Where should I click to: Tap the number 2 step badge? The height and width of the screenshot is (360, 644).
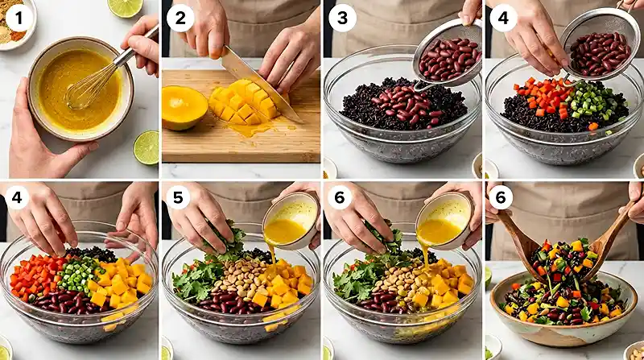coord(180,19)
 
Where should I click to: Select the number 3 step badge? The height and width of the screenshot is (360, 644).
coord(342,19)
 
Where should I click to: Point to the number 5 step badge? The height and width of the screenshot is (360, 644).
coord(178,197)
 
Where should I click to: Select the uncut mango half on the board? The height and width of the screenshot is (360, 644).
coord(184,107)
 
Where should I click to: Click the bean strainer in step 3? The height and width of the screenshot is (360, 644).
coord(448,56)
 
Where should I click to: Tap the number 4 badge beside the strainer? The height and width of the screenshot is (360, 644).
coord(503,19)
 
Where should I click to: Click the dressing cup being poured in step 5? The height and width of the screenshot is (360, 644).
coord(291,221)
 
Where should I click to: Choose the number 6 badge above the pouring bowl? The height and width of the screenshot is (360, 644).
coord(340,197)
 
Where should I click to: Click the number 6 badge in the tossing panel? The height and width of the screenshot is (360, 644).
coord(501,197)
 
